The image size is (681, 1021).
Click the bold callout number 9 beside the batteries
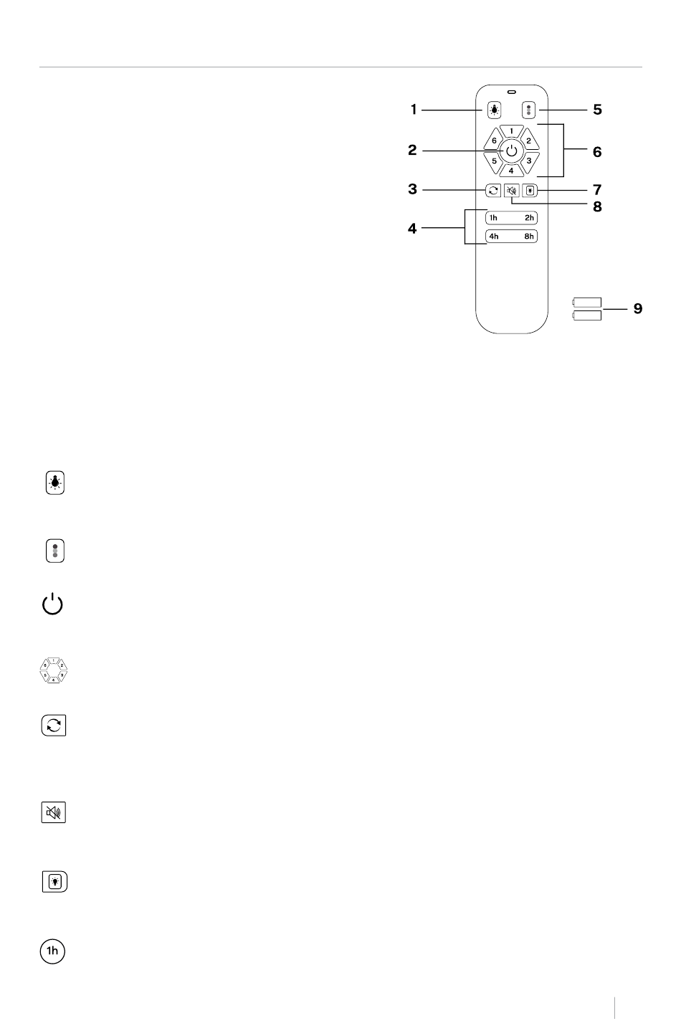coord(638,309)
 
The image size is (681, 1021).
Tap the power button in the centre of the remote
coord(511,151)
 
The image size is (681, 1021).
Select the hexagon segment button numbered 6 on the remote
coord(492,140)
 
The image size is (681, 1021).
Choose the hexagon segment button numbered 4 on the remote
coord(511,170)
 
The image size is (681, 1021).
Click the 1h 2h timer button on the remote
coord(511,218)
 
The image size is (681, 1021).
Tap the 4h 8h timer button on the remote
coord(511,236)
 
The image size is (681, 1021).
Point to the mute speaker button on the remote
coord(511,191)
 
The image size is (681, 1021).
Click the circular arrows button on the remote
coord(493,190)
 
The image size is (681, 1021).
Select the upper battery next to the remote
coord(587,302)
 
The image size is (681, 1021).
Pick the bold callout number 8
coord(597,207)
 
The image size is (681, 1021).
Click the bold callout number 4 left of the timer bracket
coord(412,228)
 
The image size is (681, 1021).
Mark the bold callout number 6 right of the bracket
coord(597,152)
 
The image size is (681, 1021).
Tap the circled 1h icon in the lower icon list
coord(52,950)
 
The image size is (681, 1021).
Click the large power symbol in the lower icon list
coord(52,604)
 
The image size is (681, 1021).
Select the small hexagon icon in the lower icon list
coord(54,670)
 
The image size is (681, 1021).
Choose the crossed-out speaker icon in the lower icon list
coord(53,812)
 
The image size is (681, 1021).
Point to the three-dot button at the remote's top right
coord(528,110)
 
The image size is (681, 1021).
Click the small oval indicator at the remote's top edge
coord(511,92)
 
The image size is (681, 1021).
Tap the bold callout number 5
coord(597,110)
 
